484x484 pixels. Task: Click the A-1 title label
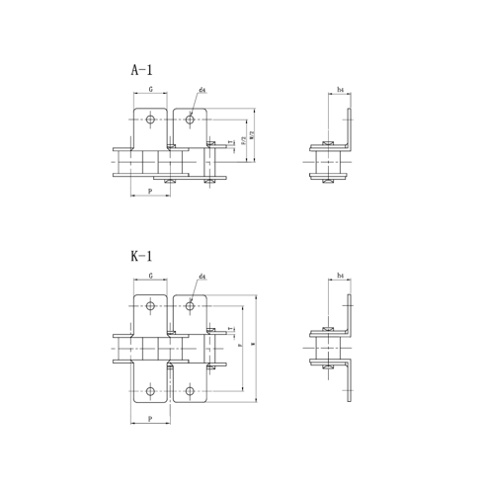point(142,70)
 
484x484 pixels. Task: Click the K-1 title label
point(142,256)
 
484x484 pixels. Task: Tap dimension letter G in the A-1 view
point(150,90)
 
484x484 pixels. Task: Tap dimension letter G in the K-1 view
point(150,277)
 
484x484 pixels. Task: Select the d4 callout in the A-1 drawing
point(202,90)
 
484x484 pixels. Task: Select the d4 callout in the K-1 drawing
point(202,277)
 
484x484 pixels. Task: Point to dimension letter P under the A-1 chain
point(149,191)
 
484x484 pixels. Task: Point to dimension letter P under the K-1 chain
point(149,418)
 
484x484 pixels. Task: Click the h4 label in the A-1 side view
point(340,90)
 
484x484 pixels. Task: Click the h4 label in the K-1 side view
point(340,277)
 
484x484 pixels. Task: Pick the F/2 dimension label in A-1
point(243,140)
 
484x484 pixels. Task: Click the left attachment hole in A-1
point(150,121)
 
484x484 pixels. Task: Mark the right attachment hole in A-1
point(190,121)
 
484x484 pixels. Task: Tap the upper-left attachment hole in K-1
point(150,305)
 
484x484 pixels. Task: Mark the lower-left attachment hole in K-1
point(150,391)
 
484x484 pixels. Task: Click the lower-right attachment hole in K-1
point(190,391)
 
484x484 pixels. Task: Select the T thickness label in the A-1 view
point(232,144)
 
